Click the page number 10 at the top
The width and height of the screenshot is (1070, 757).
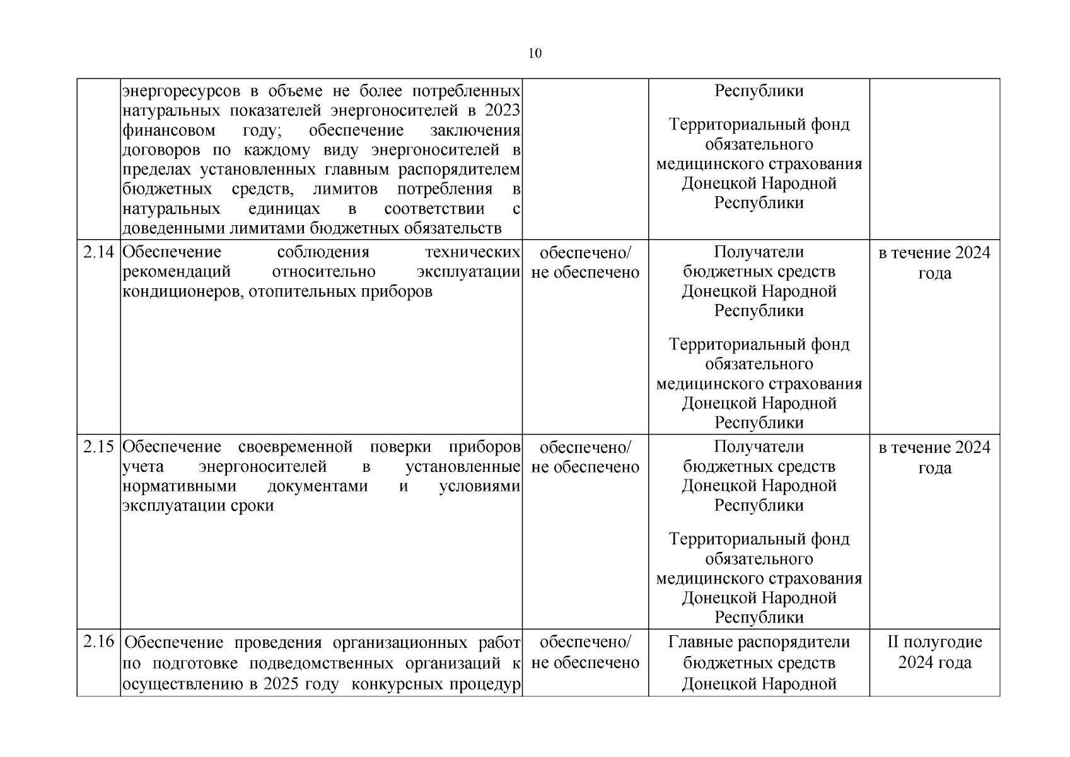click(x=535, y=54)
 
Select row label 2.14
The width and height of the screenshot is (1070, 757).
click(x=98, y=252)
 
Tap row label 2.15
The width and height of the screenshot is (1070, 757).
click(x=98, y=447)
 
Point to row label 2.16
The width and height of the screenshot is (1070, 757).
click(x=98, y=642)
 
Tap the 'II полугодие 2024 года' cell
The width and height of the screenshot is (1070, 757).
click(x=934, y=652)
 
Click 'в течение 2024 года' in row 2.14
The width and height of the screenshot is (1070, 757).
click(x=934, y=263)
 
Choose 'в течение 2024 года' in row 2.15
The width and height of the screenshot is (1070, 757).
click(x=934, y=457)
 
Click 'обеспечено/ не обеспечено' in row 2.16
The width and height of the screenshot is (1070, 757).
click(x=585, y=652)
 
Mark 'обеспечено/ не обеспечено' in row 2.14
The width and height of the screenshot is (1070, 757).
click(x=585, y=263)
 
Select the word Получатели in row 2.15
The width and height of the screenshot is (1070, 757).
click(x=759, y=447)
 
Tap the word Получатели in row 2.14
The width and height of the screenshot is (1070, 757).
click(x=759, y=252)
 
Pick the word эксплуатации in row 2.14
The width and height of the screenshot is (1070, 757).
click(x=468, y=272)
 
